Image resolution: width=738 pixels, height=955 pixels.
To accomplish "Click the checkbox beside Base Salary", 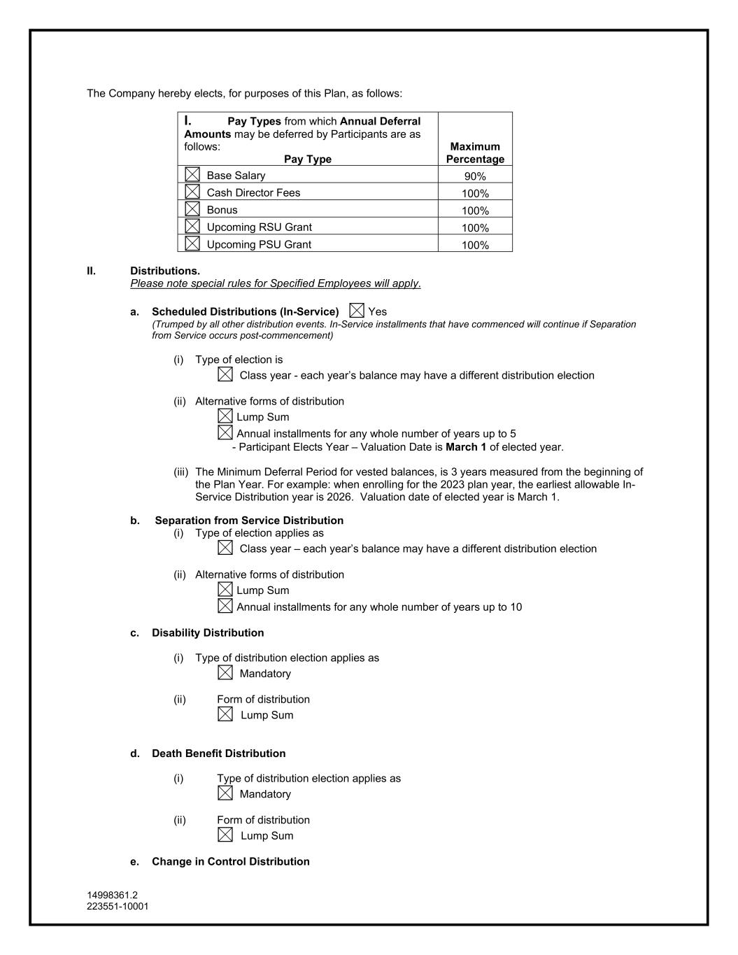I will [192, 174].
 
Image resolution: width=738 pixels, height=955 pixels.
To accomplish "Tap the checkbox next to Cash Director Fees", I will [192, 191].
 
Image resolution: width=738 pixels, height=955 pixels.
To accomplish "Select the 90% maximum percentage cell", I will [475, 176].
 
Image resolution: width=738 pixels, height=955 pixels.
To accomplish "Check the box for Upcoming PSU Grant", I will [192, 243].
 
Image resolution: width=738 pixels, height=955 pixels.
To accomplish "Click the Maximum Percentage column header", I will [475, 153].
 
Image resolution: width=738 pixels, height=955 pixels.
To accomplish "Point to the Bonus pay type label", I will [222, 210].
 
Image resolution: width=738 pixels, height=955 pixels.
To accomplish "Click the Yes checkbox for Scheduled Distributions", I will [357, 310].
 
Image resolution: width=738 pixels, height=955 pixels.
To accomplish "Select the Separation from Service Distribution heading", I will [249, 521].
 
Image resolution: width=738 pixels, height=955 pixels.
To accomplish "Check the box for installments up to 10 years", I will [225, 606].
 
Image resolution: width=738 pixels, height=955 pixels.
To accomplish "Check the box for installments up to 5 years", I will [225, 432].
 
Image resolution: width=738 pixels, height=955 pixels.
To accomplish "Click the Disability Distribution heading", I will [208, 632].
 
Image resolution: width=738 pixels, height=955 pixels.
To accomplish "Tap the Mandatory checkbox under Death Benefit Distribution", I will [225, 793].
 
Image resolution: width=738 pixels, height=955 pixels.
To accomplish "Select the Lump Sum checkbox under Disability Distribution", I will [225, 714].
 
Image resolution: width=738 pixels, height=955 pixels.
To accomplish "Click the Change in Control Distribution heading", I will [230, 861].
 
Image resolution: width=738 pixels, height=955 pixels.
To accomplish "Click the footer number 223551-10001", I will [118, 906].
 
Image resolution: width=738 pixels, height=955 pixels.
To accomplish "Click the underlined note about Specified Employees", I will [276, 283].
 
